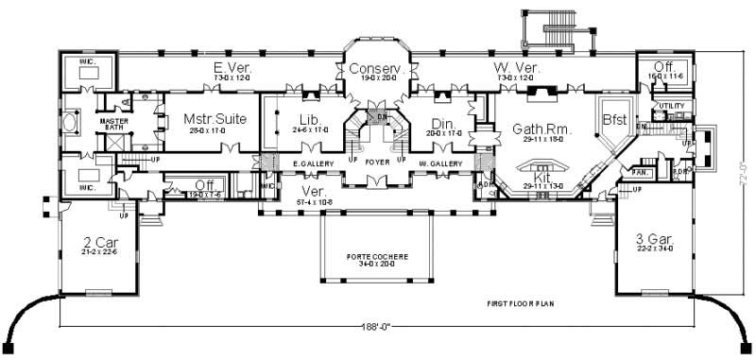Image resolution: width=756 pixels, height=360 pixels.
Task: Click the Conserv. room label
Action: coord(376,70)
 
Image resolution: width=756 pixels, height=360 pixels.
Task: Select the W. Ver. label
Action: coord(516,68)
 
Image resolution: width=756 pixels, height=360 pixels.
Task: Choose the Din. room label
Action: coord(443,124)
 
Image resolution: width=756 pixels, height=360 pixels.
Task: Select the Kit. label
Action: coord(543,176)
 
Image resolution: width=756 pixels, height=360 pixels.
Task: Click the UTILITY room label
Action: coord(671,106)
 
